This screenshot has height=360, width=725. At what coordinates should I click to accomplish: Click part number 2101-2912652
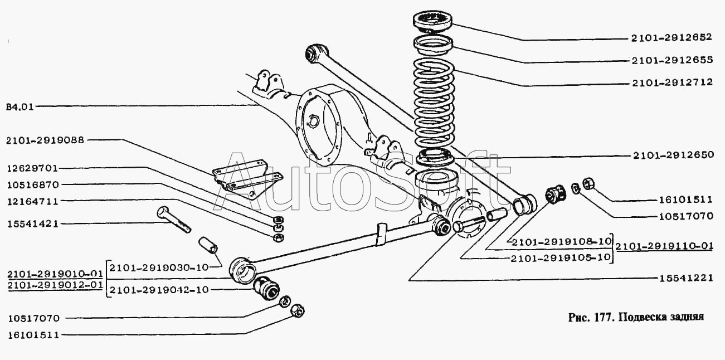(x=672, y=37)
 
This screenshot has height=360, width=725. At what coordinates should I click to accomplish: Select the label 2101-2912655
(x=672, y=60)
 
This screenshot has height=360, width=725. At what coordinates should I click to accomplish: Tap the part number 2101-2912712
(x=673, y=82)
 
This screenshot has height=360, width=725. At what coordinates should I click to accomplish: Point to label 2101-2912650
(x=673, y=155)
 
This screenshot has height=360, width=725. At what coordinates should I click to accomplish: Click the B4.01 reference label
(x=20, y=107)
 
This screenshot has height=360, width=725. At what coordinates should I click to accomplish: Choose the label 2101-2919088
(x=45, y=140)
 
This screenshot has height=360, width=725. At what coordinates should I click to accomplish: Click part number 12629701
(x=33, y=168)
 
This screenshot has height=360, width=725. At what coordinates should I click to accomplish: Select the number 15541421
(x=33, y=223)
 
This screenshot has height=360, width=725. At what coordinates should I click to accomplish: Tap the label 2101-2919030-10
(x=159, y=267)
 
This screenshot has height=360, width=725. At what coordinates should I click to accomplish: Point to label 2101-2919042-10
(x=159, y=289)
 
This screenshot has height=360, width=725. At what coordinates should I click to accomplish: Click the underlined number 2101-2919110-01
(x=664, y=246)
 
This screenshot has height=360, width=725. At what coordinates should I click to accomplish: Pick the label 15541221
(x=686, y=278)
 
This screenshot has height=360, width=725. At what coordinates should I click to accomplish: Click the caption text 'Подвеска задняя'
(x=661, y=317)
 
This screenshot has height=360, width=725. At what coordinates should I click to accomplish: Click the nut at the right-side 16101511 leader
(x=588, y=183)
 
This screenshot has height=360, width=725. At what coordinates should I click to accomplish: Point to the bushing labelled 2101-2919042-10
(x=266, y=288)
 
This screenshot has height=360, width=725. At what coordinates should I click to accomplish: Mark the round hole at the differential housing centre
(x=313, y=121)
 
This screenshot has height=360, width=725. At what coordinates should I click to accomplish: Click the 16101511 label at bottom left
(x=34, y=335)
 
